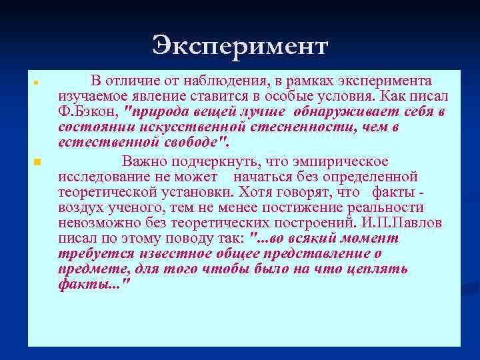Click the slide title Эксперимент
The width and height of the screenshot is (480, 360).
240,46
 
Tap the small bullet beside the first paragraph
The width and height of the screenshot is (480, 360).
37,83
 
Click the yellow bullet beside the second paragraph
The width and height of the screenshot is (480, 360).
37,162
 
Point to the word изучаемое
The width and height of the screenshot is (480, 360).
89,96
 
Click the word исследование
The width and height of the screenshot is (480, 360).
101,177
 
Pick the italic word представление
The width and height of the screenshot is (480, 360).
311,254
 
